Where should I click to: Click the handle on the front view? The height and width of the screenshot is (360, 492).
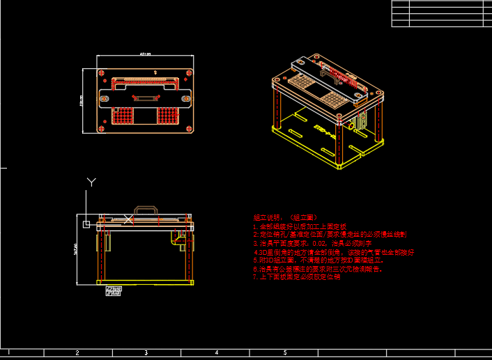(146, 209)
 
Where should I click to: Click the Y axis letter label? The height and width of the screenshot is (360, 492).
(91, 182)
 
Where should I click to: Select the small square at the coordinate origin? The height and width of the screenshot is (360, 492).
(86, 224)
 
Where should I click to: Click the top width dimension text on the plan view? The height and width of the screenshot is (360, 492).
(145, 54)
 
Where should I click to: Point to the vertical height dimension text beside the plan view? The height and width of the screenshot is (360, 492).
(81, 102)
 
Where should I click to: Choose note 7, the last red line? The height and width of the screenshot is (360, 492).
(297, 276)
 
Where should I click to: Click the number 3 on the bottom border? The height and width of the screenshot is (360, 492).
(146, 353)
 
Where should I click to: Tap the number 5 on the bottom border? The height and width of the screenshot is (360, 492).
(285, 353)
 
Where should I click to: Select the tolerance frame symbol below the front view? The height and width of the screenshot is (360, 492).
(112, 290)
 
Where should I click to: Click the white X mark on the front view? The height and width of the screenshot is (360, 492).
(128, 220)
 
